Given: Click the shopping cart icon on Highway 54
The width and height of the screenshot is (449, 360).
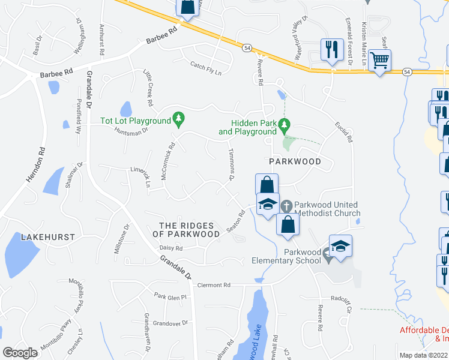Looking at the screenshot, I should [379, 60].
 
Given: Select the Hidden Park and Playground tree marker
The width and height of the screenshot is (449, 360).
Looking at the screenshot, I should [286, 125].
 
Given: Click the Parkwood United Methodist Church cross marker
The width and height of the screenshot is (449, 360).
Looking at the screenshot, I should [287, 206].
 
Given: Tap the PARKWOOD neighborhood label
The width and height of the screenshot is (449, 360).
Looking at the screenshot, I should [295, 161].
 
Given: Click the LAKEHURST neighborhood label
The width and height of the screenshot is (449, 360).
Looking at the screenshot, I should [48, 237].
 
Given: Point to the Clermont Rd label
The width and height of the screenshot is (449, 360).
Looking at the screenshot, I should [214, 286].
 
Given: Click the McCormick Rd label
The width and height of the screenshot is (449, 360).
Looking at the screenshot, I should [167, 161].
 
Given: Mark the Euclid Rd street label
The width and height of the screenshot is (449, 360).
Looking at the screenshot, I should [345, 131].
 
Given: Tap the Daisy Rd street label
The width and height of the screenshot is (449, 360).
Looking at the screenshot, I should [170, 248].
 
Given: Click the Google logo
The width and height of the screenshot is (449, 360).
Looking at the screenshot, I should [20, 353].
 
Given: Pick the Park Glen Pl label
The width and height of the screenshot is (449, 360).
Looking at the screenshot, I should [170, 296].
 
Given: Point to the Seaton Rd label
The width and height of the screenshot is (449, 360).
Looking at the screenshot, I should [237, 221].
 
